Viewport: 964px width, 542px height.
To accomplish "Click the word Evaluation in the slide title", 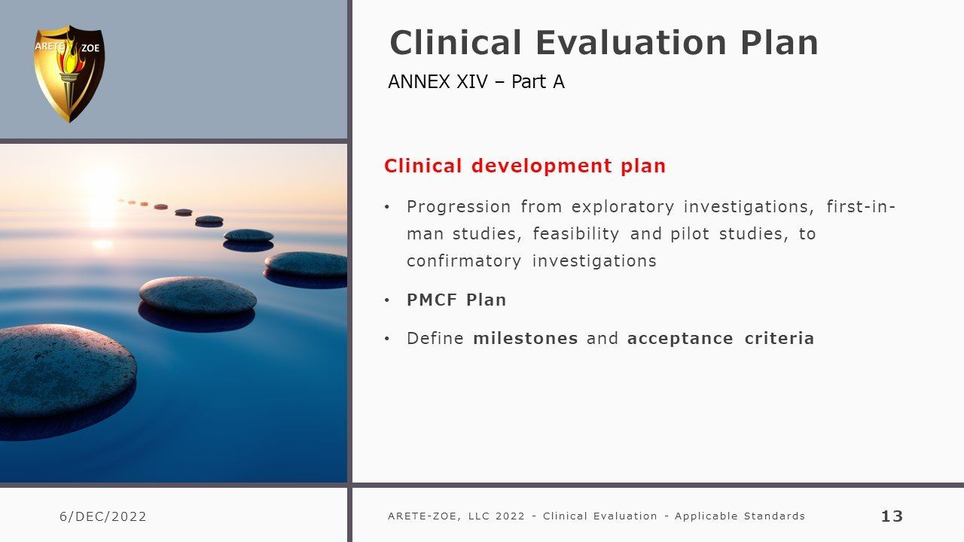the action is (631, 43).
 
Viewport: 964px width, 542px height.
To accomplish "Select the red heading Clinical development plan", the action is (525, 166).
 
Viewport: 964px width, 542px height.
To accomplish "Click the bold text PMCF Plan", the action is (456, 300).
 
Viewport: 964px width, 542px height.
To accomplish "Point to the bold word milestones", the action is (525, 338).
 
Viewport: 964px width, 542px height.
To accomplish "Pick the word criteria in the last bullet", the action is (779, 338).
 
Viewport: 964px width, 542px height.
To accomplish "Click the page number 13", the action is (892, 516).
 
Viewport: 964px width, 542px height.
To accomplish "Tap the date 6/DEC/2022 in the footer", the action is (103, 516).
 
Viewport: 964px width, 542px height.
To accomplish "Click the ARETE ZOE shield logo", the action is (69, 74).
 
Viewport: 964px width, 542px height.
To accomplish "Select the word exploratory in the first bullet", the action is (623, 207).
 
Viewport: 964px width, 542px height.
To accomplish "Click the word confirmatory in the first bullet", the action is (464, 261).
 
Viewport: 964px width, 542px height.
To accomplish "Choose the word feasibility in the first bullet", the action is (576, 234).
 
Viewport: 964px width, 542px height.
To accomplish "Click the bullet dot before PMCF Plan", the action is (387, 300).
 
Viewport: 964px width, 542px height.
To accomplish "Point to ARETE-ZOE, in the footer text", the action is (424, 516).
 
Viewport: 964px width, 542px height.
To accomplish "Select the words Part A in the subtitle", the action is (538, 82).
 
